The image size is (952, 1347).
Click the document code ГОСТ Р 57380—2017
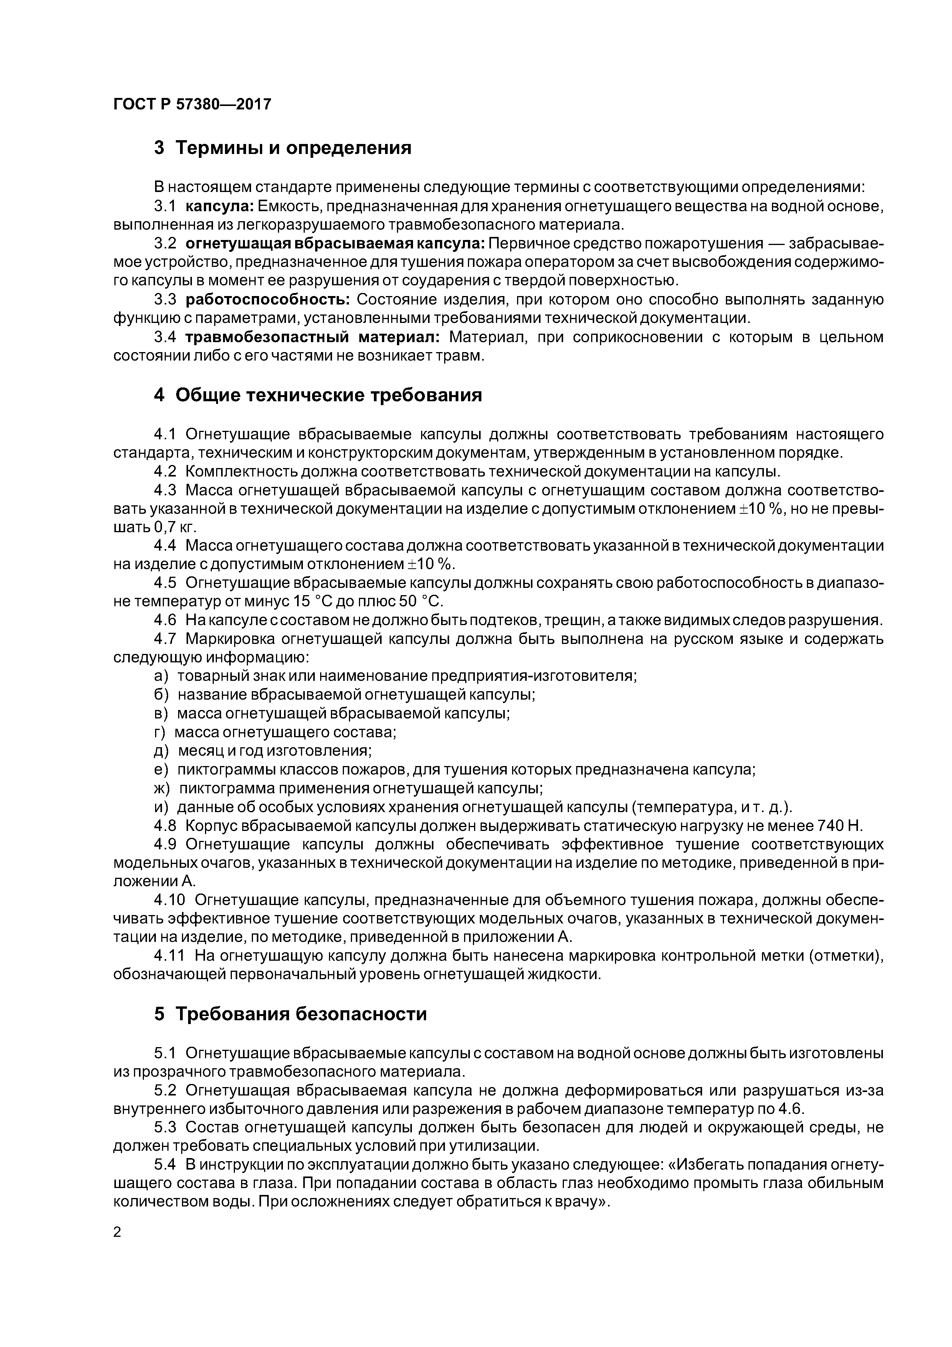[x=192, y=104]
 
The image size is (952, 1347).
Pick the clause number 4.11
[x=169, y=956]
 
